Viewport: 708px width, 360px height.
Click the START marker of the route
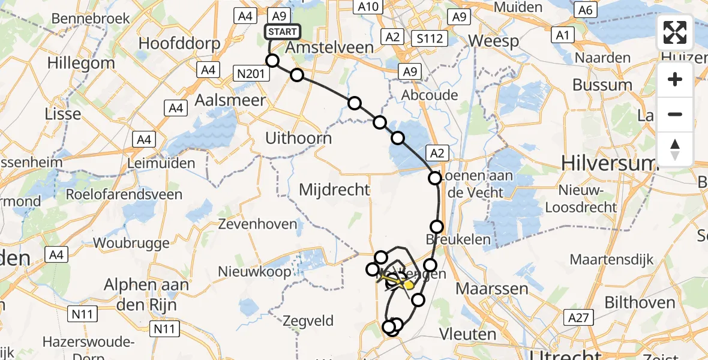pyautogui.click(x=281, y=31)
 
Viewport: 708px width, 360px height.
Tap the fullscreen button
pyautogui.click(x=675, y=32)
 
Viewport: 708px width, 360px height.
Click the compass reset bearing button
pyautogui.click(x=675, y=149)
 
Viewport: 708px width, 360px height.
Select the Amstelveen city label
pyautogui.click(x=330, y=47)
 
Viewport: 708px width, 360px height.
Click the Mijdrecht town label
pyautogui.click(x=334, y=190)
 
